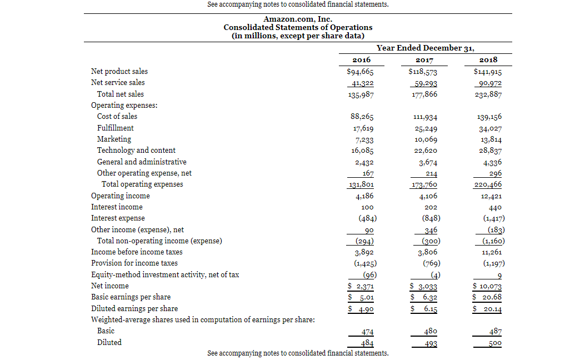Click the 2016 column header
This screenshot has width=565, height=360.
[x=362, y=60]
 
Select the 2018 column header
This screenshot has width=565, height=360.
[x=488, y=60]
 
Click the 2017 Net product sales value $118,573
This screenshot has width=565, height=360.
[x=423, y=72]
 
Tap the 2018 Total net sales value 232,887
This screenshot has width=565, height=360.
[x=488, y=94]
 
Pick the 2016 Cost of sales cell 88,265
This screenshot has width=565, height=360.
[x=362, y=117]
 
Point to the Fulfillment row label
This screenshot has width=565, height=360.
[x=116, y=128]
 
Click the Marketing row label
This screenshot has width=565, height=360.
[x=114, y=139]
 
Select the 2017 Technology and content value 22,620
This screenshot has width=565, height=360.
[x=426, y=151]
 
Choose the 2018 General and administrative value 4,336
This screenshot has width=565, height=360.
[x=492, y=163]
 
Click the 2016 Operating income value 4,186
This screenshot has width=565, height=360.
[x=364, y=196]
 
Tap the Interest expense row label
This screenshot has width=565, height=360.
[x=118, y=218]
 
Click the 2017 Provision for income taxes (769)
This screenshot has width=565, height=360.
[x=431, y=263]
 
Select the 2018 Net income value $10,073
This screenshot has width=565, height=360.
[x=487, y=286]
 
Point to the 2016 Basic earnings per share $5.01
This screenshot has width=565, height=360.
[x=361, y=298]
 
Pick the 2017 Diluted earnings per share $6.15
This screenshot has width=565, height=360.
[x=424, y=309]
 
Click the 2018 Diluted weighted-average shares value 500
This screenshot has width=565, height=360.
[x=495, y=343]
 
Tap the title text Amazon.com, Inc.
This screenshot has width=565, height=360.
[x=298, y=19]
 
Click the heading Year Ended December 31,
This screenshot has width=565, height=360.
[x=425, y=48]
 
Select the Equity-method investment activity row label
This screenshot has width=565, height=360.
[x=165, y=274]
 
